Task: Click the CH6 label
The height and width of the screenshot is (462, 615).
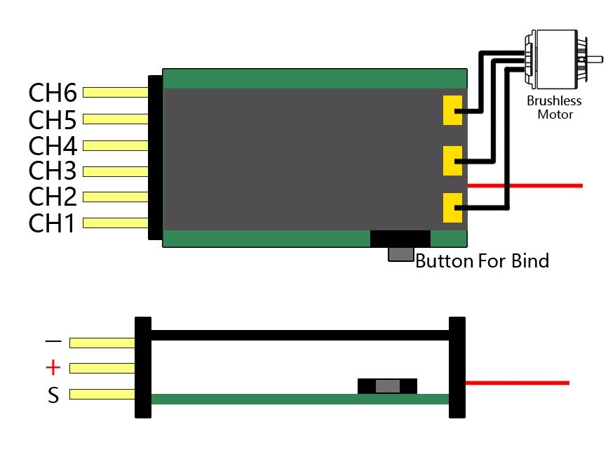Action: [x=52, y=93]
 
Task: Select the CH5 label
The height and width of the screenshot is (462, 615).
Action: [x=52, y=119]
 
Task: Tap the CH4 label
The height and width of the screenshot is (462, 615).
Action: [x=52, y=146]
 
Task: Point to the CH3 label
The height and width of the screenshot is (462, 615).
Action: [x=52, y=171]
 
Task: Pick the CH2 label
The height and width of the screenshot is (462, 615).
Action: [x=52, y=197]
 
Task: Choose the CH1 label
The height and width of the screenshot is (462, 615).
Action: [x=52, y=223]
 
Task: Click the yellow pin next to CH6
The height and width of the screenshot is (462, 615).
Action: [x=116, y=93]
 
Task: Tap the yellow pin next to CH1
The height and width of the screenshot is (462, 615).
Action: [x=116, y=223]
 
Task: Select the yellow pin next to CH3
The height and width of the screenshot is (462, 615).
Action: [x=116, y=171]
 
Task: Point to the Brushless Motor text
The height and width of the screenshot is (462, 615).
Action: [x=555, y=107]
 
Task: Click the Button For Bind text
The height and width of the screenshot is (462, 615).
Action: [x=482, y=262]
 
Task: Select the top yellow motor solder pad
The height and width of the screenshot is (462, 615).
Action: [x=453, y=110]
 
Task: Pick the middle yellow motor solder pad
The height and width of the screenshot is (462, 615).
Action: [x=453, y=161]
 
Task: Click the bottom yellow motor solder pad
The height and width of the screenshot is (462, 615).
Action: [x=453, y=209]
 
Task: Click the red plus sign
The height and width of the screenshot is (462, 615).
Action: [x=53, y=368]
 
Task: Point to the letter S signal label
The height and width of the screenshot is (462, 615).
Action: [x=53, y=396]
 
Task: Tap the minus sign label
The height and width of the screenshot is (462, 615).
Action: [x=53, y=342]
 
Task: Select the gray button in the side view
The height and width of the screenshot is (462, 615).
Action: [x=387, y=386]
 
